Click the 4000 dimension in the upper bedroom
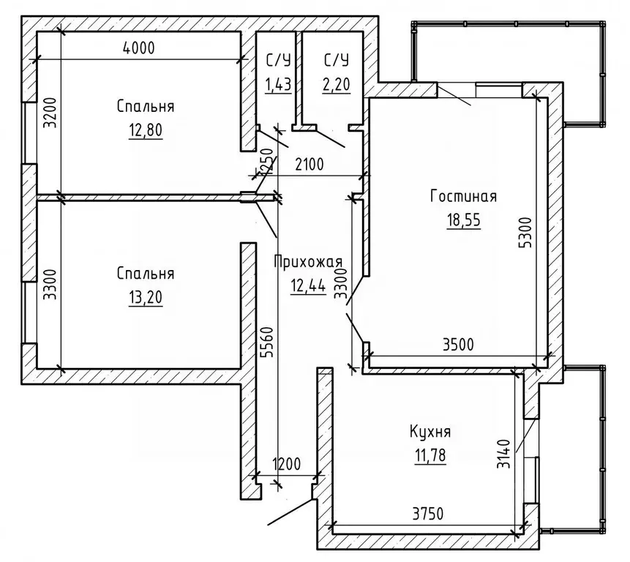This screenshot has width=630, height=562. [x=138, y=48]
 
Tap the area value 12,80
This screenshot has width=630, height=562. [x=146, y=130]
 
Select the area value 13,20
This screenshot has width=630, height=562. [x=146, y=298]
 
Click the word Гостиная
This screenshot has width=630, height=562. [x=464, y=196]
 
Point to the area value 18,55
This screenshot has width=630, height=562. [x=464, y=220]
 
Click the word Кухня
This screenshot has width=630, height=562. [x=430, y=432]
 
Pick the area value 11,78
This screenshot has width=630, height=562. [x=430, y=456]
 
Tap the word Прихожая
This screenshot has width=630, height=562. [x=308, y=262]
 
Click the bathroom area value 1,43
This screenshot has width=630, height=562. [x=278, y=85]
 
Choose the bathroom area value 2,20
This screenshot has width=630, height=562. [x=337, y=85]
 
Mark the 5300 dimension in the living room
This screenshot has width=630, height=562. [x=525, y=233]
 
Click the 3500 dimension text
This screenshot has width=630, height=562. [x=458, y=345]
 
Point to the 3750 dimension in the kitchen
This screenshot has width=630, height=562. [x=428, y=514]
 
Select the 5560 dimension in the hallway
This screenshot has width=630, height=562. [x=266, y=342]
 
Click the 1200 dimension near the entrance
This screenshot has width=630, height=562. [x=287, y=465]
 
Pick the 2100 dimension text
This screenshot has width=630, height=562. [x=310, y=165]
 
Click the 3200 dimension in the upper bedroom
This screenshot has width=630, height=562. [x=50, y=113]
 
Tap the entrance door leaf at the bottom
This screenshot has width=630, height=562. [x=290, y=512]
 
